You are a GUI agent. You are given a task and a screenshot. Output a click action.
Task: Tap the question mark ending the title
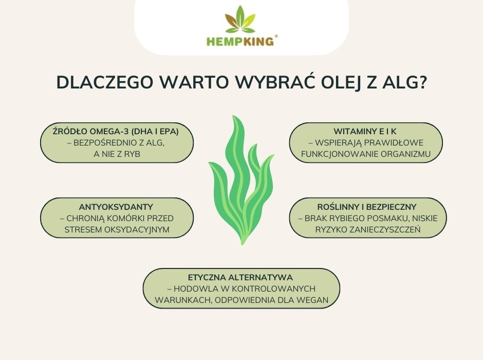pyautogui.click(x=421, y=83)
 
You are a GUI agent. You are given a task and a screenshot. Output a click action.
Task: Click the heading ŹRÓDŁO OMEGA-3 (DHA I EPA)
pyautogui.click(x=116, y=131)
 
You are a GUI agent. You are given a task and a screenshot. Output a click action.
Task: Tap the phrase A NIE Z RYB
pyautogui.click(x=117, y=154)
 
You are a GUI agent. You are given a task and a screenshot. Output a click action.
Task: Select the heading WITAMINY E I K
pyautogui.click(x=366, y=131)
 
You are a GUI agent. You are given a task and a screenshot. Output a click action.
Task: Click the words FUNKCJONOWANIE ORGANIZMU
pyautogui.click(x=366, y=154)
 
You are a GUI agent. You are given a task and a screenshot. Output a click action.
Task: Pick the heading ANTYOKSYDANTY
pyautogui.click(x=117, y=207)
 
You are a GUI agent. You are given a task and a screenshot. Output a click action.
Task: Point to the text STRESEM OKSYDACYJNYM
pyautogui.click(x=117, y=229)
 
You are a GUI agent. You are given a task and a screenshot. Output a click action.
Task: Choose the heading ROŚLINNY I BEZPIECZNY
pyautogui.click(x=367, y=207)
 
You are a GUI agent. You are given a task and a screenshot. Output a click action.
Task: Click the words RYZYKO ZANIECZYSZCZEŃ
pyautogui.click(x=368, y=229)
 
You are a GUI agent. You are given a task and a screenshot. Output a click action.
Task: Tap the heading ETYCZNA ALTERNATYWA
pyautogui.click(x=241, y=277)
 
